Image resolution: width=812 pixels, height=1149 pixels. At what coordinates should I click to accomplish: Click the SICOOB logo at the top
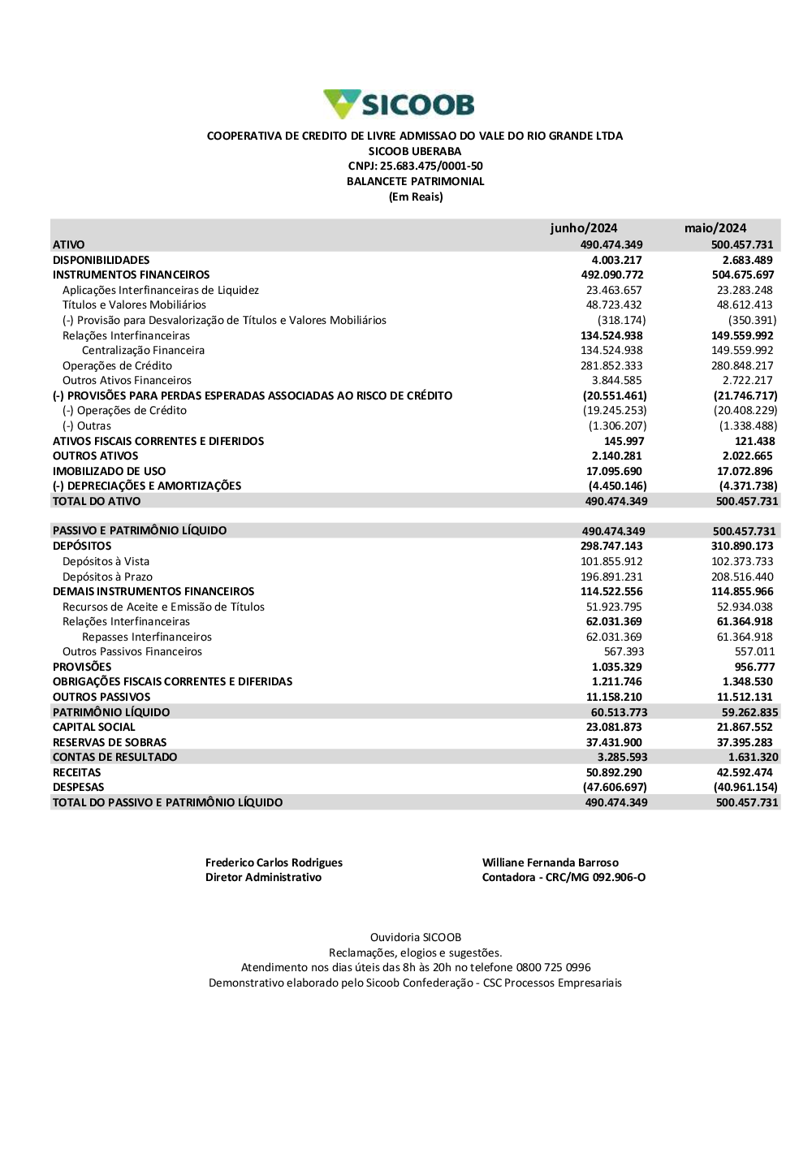399,105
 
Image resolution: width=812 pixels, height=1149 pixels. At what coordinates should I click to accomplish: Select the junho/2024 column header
583,228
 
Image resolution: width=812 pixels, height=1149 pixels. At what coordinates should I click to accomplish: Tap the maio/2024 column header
715,228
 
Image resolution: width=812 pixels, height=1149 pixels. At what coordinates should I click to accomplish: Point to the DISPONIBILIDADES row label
101,260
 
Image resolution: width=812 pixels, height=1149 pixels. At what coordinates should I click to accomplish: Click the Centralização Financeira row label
143,351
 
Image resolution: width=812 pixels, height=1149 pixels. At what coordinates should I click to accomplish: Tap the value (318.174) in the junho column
621,321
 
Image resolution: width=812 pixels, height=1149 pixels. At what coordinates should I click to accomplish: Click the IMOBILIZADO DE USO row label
109,471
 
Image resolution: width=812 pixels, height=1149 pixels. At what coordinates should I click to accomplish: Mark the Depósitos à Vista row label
106,562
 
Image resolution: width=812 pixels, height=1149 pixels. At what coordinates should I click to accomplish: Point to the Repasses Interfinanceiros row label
146,637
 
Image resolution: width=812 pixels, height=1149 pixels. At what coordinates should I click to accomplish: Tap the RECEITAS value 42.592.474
745,773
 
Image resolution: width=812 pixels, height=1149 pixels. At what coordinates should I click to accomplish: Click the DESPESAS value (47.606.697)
615,788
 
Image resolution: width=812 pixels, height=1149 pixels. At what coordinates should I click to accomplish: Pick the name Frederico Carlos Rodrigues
274,863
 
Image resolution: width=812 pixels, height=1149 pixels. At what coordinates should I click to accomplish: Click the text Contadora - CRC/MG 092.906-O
564,878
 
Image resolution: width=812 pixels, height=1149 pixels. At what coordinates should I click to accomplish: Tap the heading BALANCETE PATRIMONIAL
415,182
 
